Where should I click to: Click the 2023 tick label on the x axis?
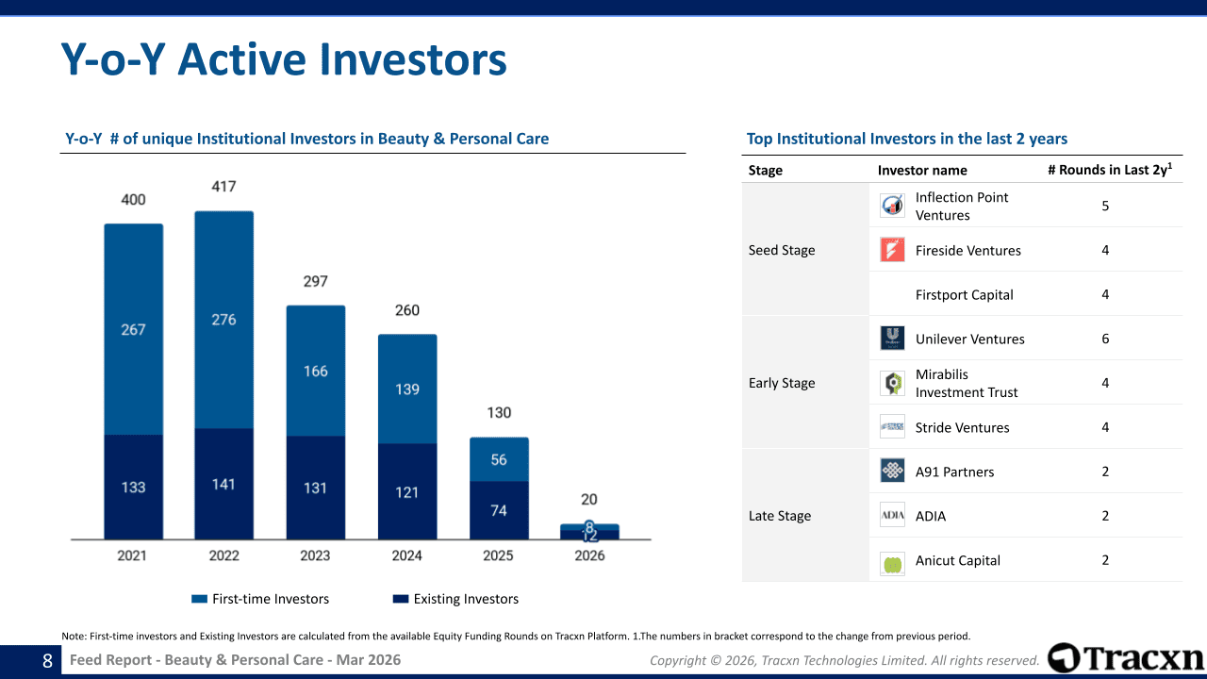click(x=315, y=555)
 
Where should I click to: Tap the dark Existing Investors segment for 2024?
click(x=407, y=491)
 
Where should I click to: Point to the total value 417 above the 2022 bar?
click(x=223, y=187)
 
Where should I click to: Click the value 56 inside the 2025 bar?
click(x=499, y=459)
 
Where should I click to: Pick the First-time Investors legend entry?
click(x=260, y=599)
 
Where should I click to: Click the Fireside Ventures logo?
click(x=892, y=250)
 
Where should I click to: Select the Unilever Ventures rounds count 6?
click(x=1105, y=339)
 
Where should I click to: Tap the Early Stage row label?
click(x=782, y=383)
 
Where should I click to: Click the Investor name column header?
click(x=922, y=171)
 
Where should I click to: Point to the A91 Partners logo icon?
click(x=892, y=472)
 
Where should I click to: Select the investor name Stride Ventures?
click(x=962, y=427)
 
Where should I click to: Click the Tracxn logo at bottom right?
click(x=1126, y=658)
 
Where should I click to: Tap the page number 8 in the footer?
click(x=47, y=661)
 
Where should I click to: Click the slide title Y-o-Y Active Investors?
click(x=284, y=59)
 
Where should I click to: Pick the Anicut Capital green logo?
click(x=892, y=563)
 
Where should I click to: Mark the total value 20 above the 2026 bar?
click(x=589, y=500)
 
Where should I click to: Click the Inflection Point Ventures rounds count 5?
click(x=1105, y=206)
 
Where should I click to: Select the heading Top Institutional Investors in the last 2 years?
click(x=906, y=139)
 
